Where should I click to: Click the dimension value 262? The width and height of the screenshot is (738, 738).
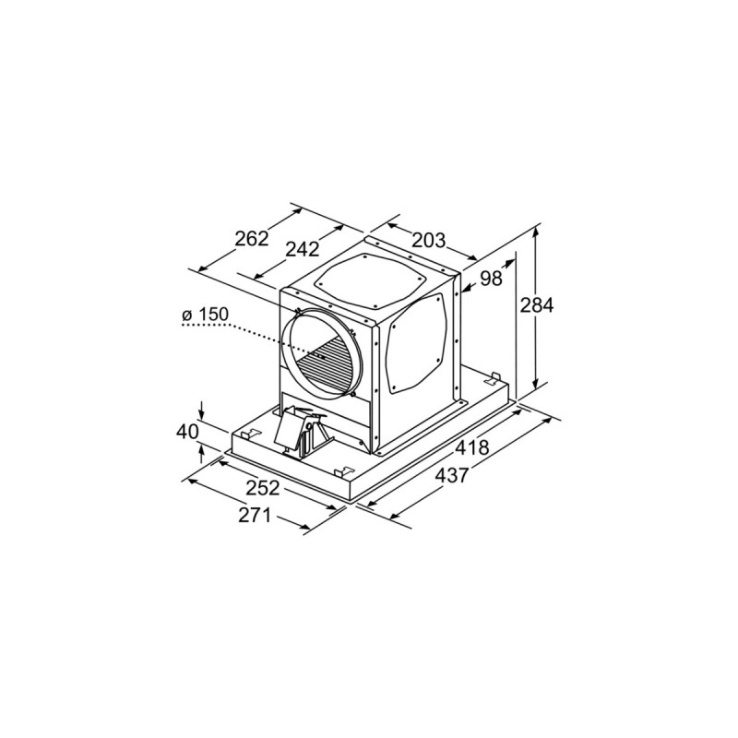tap(251, 239)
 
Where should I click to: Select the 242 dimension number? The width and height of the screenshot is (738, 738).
tap(302, 249)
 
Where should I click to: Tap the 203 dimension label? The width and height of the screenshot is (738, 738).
tap(428, 241)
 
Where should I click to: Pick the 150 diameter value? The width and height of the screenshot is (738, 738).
tap(211, 315)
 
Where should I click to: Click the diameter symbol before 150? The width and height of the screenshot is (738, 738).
tap(187, 316)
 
